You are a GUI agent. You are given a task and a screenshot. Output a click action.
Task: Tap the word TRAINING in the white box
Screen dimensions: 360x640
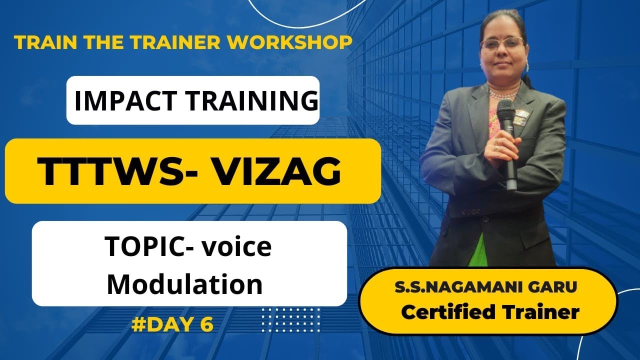pyautogui.click(x=252, y=100)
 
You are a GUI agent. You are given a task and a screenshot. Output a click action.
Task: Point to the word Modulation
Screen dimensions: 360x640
pyautogui.click(x=184, y=283)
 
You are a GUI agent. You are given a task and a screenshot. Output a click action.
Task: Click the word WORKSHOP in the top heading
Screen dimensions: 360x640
pyautogui.click(x=289, y=42)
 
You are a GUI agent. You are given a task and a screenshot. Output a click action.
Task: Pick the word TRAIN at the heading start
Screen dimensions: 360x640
pyautogui.click(x=39, y=42)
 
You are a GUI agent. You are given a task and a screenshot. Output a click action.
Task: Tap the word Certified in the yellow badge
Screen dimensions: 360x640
pyautogui.click(x=447, y=312)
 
